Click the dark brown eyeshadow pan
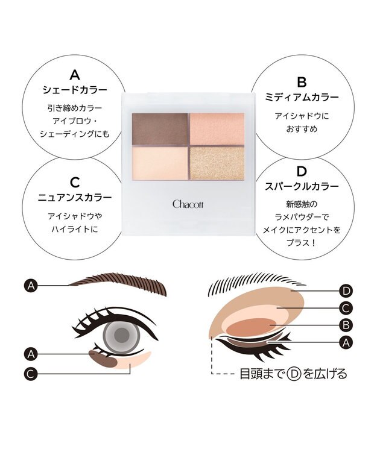pos(159,128)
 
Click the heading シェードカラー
pos(75,90)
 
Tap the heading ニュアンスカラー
pos(74,197)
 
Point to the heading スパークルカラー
pos(302,186)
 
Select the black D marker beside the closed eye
pos(346,291)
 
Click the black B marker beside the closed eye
pos(346,325)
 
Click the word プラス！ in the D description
pos(302,243)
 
